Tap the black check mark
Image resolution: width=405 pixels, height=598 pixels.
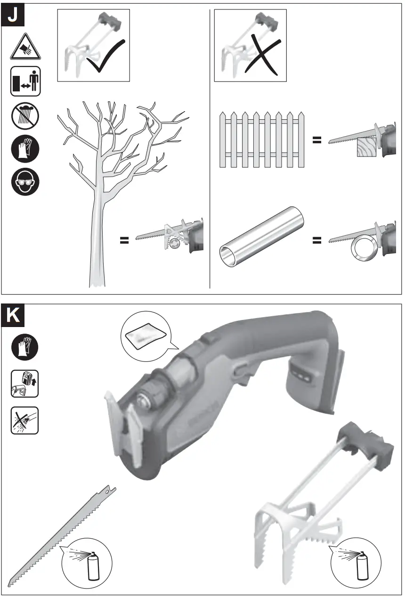click(105, 58)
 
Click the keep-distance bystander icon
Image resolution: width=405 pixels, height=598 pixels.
click(25, 81)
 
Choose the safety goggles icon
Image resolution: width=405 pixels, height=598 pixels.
click(25, 182)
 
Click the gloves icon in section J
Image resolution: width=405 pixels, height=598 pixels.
click(25, 149)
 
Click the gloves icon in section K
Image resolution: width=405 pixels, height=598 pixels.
click(25, 348)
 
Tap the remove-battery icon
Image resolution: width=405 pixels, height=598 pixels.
click(25, 383)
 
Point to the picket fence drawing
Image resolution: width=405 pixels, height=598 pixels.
click(261, 140)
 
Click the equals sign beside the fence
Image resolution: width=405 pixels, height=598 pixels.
click(317, 140)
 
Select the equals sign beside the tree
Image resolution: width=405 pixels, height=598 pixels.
click(124, 241)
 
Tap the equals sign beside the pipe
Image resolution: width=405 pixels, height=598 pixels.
click(317, 241)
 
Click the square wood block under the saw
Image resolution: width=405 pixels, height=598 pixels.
click(368, 150)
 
